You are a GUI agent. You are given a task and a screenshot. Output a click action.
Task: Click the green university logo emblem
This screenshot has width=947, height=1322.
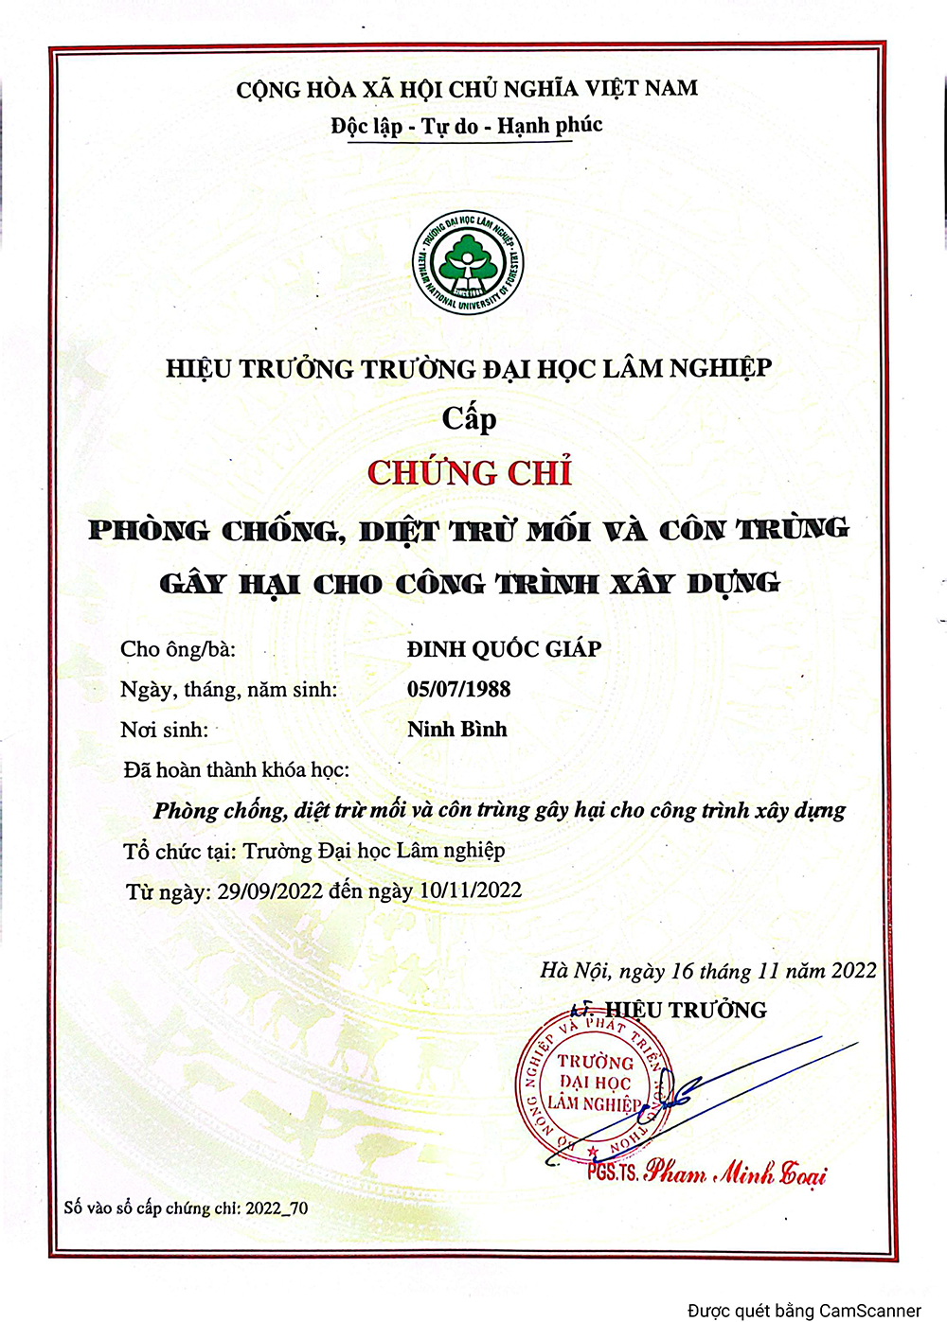[x=468, y=263]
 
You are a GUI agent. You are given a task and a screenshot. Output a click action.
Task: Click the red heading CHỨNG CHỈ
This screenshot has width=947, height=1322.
[x=470, y=473]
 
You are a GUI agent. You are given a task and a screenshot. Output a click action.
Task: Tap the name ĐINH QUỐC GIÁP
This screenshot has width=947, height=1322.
[x=504, y=649]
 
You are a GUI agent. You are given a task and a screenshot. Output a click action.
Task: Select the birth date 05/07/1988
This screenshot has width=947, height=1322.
[x=458, y=689]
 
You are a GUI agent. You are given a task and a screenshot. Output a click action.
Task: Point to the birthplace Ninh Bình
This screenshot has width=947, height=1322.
[x=457, y=730]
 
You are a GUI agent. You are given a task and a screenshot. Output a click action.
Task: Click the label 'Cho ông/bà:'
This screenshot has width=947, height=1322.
[x=178, y=649]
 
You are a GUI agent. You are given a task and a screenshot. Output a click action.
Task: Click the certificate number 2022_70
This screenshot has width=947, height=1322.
[x=277, y=1208]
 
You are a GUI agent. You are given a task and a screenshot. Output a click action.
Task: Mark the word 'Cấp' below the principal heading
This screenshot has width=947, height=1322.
[x=469, y=418]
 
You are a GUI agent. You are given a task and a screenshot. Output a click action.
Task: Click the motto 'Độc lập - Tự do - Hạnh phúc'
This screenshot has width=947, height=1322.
[x=467, y=126]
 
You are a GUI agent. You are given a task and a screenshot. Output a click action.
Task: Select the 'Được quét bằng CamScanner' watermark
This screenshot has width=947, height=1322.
[x=804, y=1311]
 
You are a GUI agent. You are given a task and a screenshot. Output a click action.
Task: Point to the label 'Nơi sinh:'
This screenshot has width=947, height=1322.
[x=164, y=730]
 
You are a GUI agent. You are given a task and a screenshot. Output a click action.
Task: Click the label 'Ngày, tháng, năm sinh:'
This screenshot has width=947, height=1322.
[x=228, y=689]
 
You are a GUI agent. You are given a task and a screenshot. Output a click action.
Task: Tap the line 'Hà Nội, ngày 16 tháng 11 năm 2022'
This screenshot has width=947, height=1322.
[x=707, y=971]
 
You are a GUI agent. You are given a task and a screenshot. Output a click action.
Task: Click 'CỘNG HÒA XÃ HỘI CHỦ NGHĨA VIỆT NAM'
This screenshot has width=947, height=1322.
[x=467, y=89]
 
